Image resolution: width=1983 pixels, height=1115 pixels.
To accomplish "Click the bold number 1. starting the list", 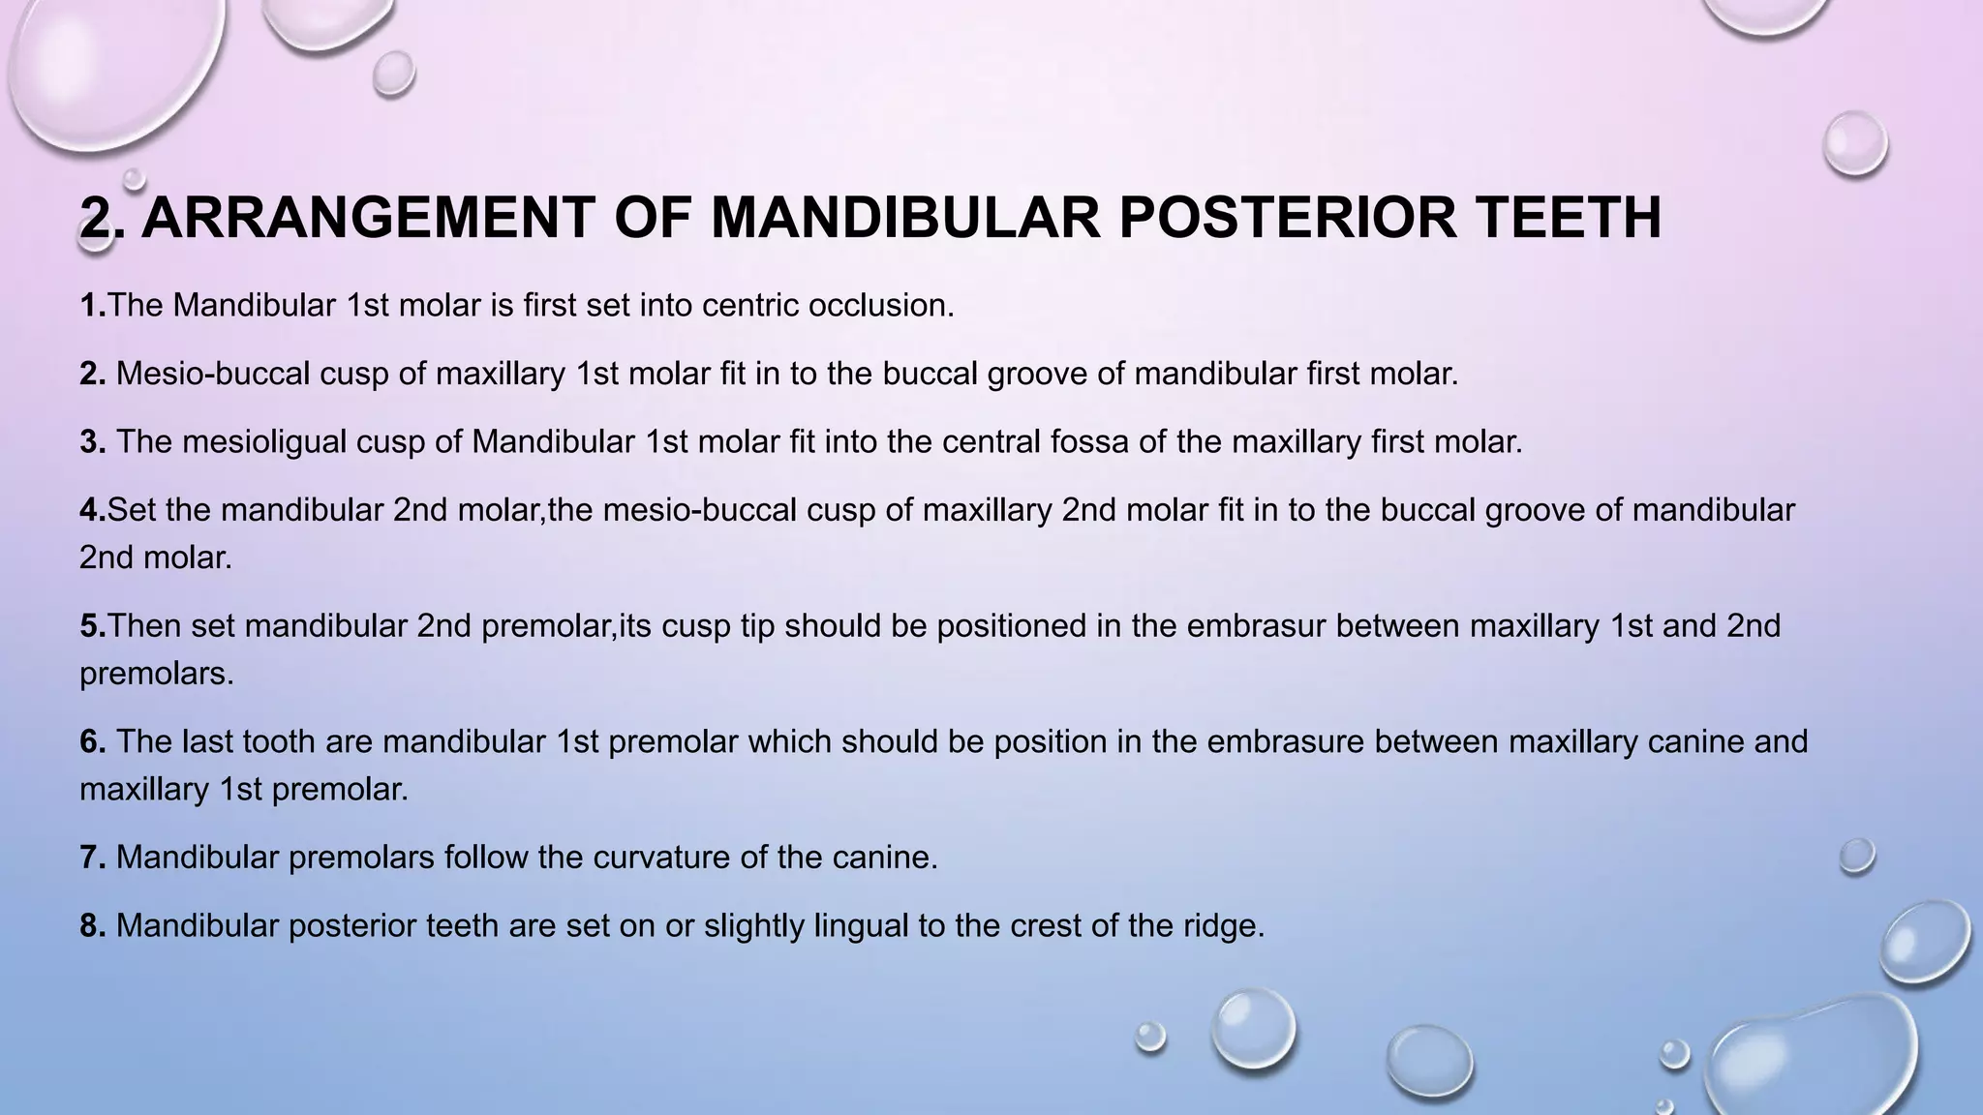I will pos(92,306).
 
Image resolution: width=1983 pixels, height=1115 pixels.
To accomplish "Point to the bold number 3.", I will pos(93,442).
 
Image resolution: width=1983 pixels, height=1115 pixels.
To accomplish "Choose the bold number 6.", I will pos(93,742).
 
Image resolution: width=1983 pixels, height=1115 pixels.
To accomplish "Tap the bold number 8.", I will pos(93,926).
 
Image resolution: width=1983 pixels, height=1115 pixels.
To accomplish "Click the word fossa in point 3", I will pos(1088,442).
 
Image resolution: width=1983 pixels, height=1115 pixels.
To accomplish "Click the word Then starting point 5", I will pos(144,626).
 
